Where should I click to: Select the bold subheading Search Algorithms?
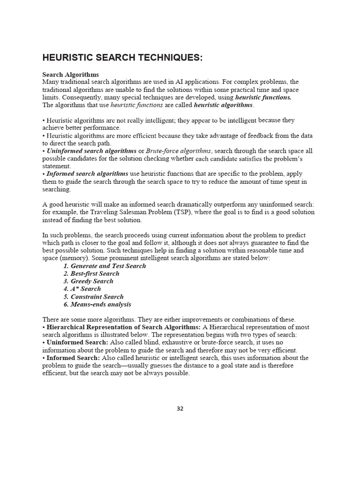71,75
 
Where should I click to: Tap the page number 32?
180,408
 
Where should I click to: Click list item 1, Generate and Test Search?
105,266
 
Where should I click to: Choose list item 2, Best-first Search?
91,273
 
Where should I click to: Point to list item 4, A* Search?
82,289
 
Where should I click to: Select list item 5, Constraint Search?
93,297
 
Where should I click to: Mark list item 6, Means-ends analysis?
97,304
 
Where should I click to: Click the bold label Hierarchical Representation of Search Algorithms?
124,327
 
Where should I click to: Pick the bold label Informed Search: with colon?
73,358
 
